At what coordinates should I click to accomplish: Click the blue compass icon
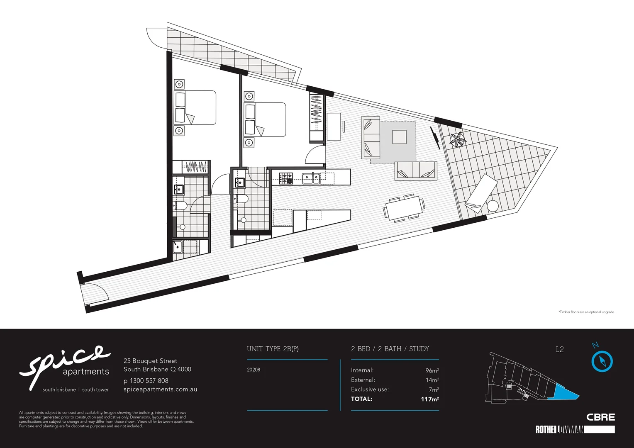point(602,361)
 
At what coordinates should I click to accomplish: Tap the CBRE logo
point(600,417)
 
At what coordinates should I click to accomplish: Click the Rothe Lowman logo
point(575,429)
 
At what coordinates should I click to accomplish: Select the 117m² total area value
point(430,399)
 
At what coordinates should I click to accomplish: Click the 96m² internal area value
point(432,370)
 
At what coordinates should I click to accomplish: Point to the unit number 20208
point(254,370)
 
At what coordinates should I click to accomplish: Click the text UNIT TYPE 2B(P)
point(273,349)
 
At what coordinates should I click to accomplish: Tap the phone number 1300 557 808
point(149,380)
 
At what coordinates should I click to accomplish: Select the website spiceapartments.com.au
point(160,390)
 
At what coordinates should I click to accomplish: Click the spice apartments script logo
point(66,365)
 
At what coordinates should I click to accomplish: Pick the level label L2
point(560,349)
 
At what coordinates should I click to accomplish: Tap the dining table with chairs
point(404,208)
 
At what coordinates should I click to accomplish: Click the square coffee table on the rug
point(399,137)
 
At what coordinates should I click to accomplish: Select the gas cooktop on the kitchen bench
point(286,178)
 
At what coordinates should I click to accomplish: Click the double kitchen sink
point(311,178)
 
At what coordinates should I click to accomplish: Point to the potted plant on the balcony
point(458,139)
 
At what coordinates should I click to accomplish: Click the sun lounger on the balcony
point(482,191)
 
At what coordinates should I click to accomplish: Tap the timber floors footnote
point(586,312)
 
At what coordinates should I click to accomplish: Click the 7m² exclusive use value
point(434,390)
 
